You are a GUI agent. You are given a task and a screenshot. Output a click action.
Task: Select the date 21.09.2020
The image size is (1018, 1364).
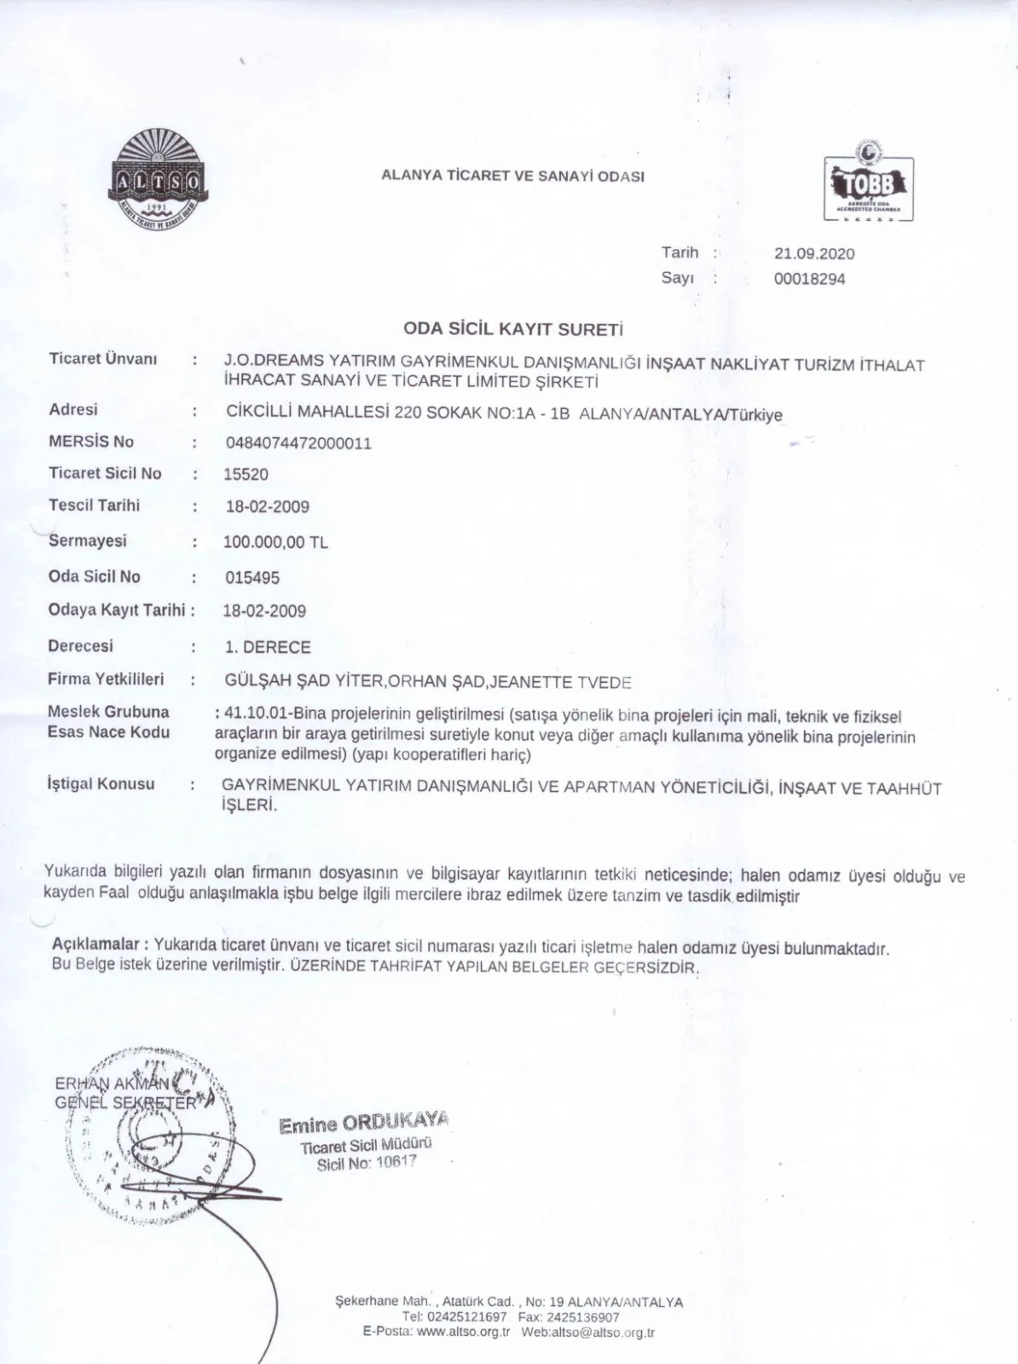(x=813, y=253)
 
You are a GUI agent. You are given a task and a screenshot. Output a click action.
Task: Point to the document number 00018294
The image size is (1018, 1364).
(x=809, y=279)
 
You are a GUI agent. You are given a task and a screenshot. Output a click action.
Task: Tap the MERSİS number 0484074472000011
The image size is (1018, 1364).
(x=298, y=443)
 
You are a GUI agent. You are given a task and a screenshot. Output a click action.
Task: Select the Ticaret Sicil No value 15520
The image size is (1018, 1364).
(x=246, y=474)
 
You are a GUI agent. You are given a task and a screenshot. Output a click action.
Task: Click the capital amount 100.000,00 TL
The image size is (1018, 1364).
(x=275, y=542)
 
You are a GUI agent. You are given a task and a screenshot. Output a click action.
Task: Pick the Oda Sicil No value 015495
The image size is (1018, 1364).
(x=252, y=577)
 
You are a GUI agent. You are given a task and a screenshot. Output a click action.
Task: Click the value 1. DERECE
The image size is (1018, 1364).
(x=268, y=647)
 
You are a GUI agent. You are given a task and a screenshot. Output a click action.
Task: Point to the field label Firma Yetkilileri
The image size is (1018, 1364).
(x=106, y=679)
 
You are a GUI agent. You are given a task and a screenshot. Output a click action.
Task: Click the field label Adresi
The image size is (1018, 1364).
(x=73, y=409)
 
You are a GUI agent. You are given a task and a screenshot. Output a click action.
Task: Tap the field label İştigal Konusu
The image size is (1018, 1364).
(x=101, y=783)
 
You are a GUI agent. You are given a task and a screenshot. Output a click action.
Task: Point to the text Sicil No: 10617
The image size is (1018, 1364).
(x=367, y=1163)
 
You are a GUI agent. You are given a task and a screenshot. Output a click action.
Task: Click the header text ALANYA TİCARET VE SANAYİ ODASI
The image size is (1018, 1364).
(x=512, y=176)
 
